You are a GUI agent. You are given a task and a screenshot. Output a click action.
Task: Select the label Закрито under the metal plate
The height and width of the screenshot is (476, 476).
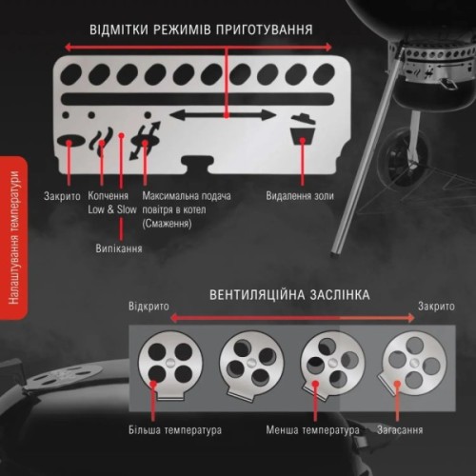63,196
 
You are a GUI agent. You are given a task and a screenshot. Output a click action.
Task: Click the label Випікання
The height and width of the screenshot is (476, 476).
119,249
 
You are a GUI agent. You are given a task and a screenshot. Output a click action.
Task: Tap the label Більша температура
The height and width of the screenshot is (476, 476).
176,429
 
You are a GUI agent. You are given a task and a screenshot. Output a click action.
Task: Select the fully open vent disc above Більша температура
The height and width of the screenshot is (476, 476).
169,363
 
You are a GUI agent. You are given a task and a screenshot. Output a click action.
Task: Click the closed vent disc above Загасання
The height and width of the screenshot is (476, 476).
410,362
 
